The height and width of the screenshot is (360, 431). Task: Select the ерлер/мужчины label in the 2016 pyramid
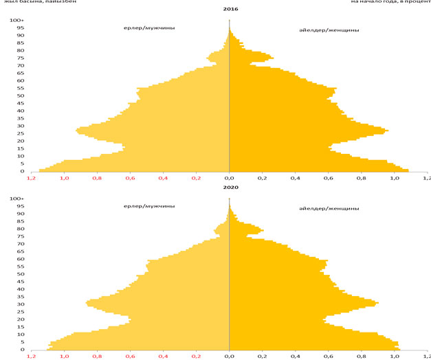(144, 28)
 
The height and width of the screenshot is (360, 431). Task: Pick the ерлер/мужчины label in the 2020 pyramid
(148, 207)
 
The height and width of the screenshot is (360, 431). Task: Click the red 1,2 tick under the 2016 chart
(32, 178)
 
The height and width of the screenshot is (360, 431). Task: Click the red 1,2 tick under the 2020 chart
(32, 357)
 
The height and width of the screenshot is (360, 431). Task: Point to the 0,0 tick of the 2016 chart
(230, 178)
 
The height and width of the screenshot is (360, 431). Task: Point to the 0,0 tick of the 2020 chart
(230, 357)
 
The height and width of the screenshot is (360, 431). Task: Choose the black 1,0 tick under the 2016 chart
(394, 178)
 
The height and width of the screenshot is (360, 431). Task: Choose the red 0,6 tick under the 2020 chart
(131, 357)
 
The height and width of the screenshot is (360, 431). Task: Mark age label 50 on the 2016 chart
(21, 95)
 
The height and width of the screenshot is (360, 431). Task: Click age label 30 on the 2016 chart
(21, 126)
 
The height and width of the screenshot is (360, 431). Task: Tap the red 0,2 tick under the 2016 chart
(197, 178)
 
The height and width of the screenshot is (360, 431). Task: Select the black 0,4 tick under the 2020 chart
(295, 357)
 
